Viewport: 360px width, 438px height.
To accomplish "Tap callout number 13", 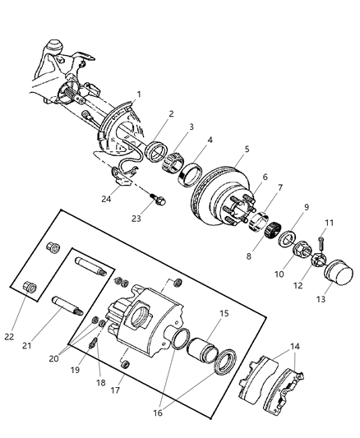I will coord(321,300).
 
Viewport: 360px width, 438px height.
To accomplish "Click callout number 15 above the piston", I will coord(223,313).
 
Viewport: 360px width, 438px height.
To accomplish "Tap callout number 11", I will coord(329,223).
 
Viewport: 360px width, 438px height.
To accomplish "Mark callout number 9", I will coord(306,208).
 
